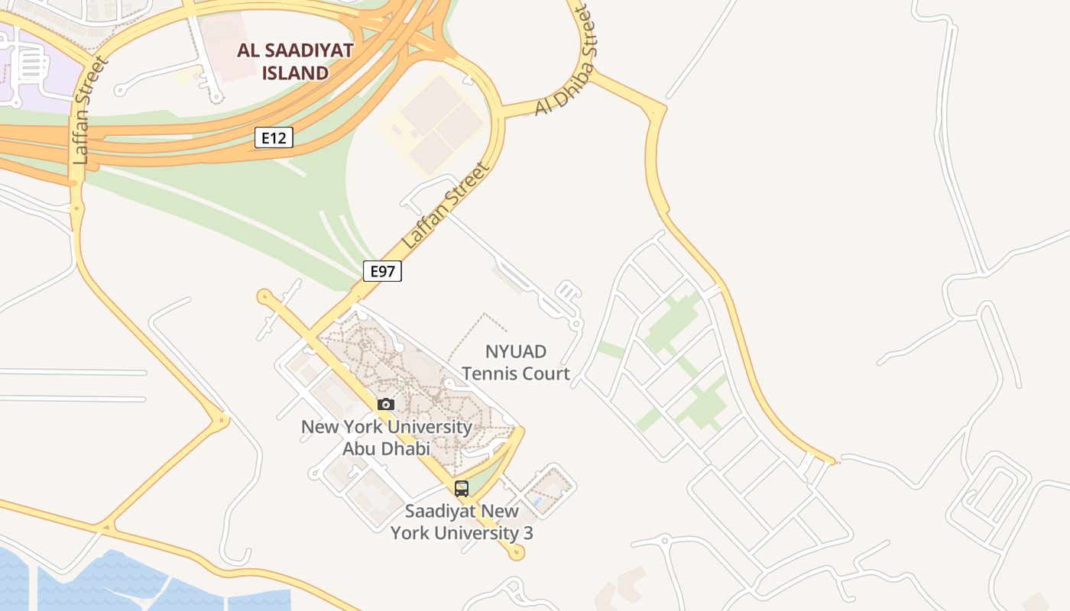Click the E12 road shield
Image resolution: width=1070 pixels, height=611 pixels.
274,137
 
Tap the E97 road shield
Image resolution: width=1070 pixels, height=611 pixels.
382,271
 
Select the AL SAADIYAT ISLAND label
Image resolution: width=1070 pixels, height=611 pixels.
295,62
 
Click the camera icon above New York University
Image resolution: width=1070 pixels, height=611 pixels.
386,404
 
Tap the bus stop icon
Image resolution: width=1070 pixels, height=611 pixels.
462,488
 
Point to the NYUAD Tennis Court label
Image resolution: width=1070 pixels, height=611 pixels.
516,363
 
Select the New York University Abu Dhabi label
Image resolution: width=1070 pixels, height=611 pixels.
386,438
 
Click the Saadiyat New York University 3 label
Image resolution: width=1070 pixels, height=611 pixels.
462,522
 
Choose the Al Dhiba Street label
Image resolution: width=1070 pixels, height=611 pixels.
565,61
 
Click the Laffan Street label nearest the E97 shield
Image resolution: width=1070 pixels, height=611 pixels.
444,205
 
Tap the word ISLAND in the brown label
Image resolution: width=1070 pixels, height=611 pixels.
295,73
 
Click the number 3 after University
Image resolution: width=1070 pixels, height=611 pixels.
527,532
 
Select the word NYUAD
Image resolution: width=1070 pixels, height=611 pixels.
516,351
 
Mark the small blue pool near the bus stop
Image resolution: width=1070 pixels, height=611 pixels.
537,502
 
